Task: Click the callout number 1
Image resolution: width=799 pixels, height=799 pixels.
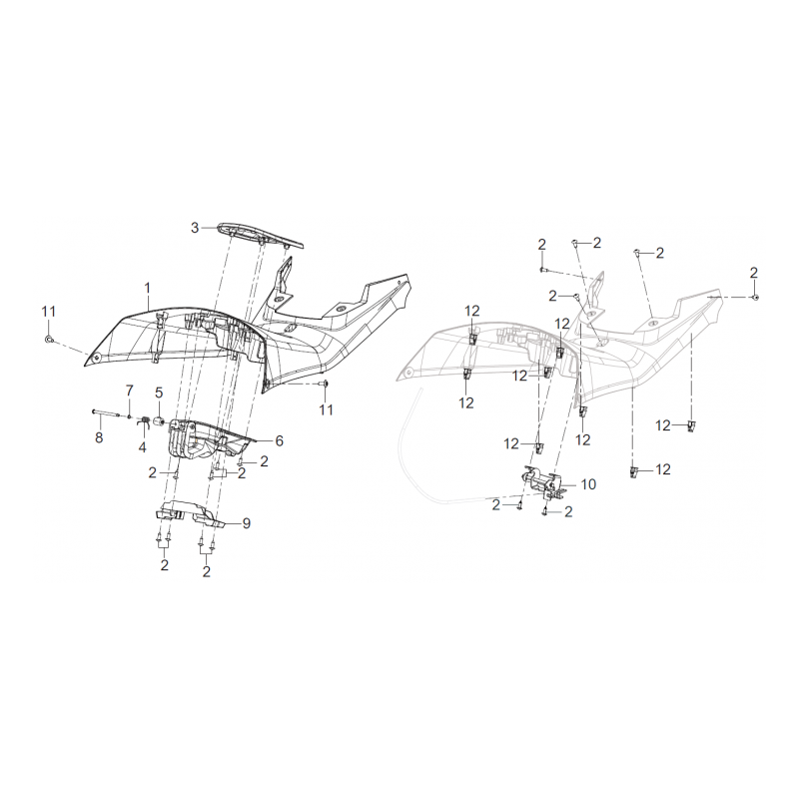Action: click(x=148, y=289)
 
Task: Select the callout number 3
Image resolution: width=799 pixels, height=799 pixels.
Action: click(x=195, y=228)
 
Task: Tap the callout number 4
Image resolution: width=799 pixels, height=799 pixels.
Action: click(x=142, y=447)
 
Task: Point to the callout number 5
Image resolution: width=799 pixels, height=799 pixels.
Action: click(x=159, y=393)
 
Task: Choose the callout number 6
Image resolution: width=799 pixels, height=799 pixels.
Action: click(x=280, y=440)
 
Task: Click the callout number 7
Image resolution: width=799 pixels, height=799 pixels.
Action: click(x=130, y=391)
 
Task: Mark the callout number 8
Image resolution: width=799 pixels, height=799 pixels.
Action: click(x=99, y=437)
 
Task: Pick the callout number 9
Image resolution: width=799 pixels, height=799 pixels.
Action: click(x=246, y=523)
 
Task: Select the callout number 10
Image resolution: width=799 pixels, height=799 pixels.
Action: click(x=588, y=484)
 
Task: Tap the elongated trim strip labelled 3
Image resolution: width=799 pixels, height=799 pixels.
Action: click(x=262, y=237)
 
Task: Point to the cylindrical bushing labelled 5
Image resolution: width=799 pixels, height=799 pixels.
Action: click(x=159, y=421)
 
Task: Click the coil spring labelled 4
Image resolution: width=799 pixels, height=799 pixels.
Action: click(x=144, y=420)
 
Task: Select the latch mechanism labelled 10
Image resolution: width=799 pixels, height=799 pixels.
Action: click(x=542, y=481)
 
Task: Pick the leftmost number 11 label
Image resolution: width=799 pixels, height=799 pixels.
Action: click(x=48, y=312)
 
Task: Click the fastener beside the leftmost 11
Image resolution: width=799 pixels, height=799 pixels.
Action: click(x=48, y=339)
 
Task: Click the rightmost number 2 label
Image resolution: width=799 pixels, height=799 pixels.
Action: click(x=754, y=272)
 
